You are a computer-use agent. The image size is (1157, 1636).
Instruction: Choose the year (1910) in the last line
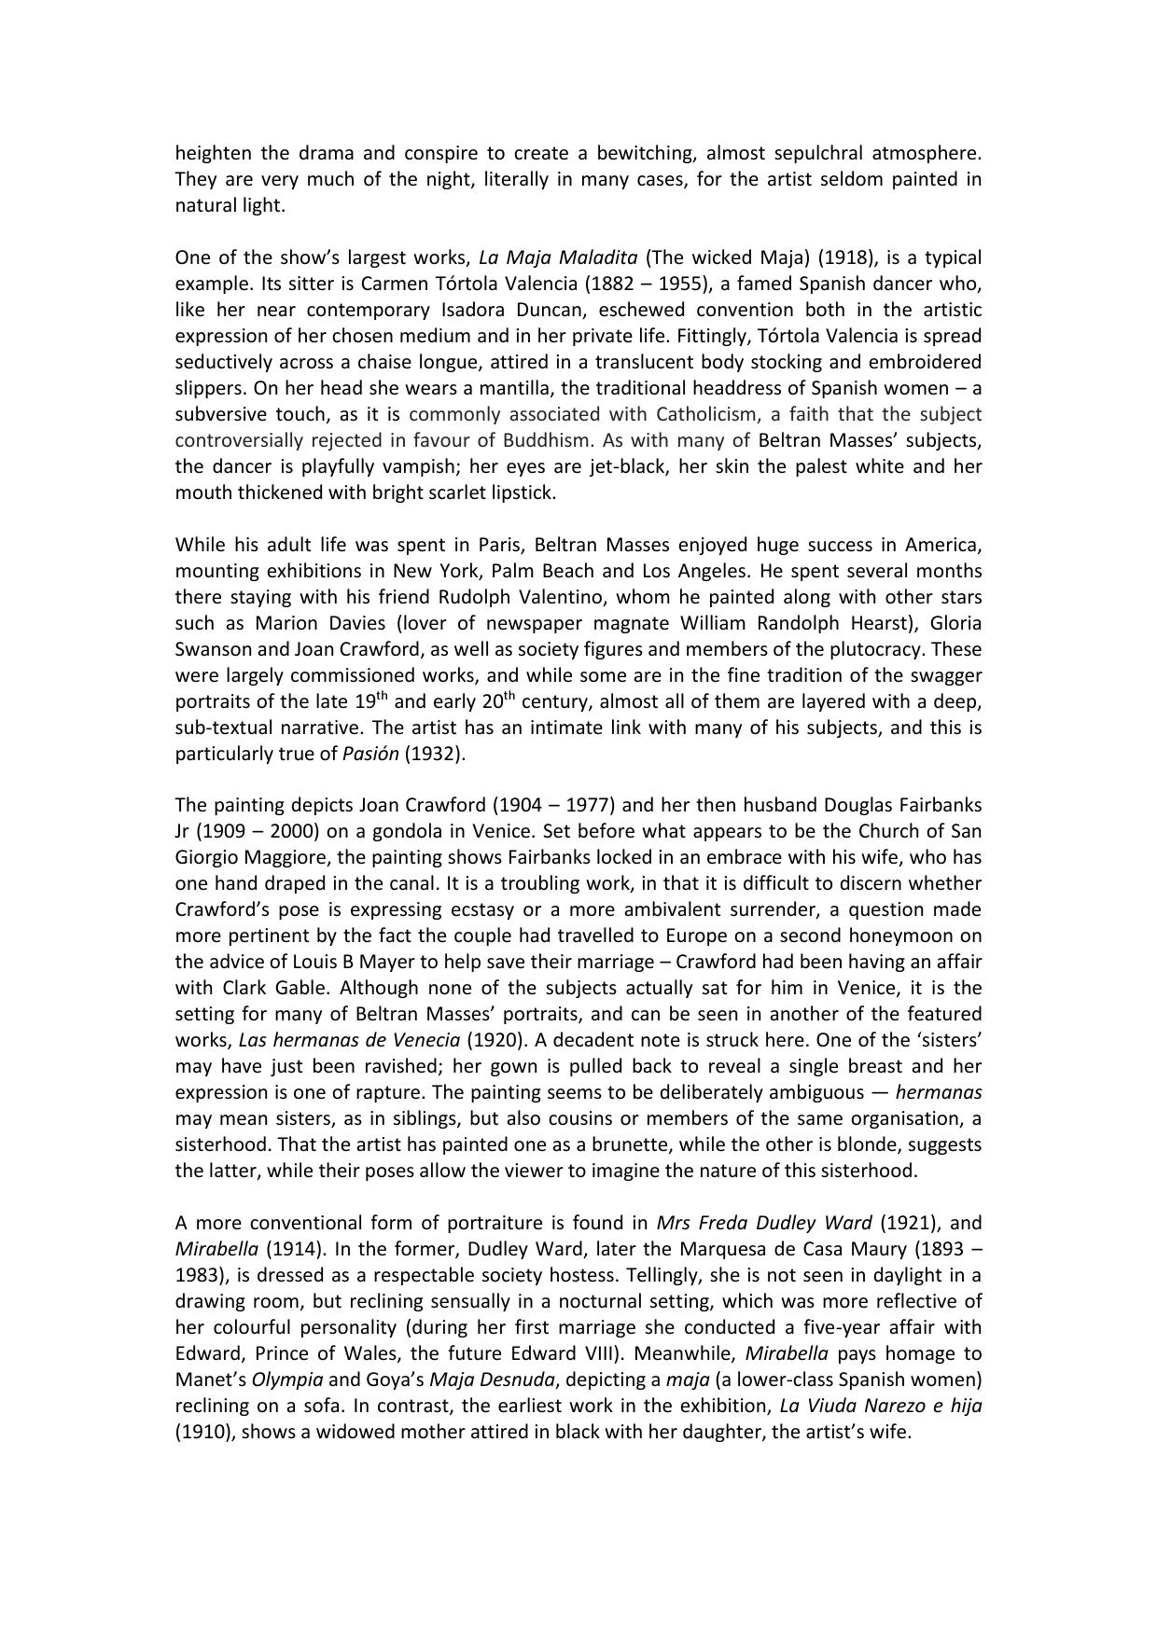click(202, 1432)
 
